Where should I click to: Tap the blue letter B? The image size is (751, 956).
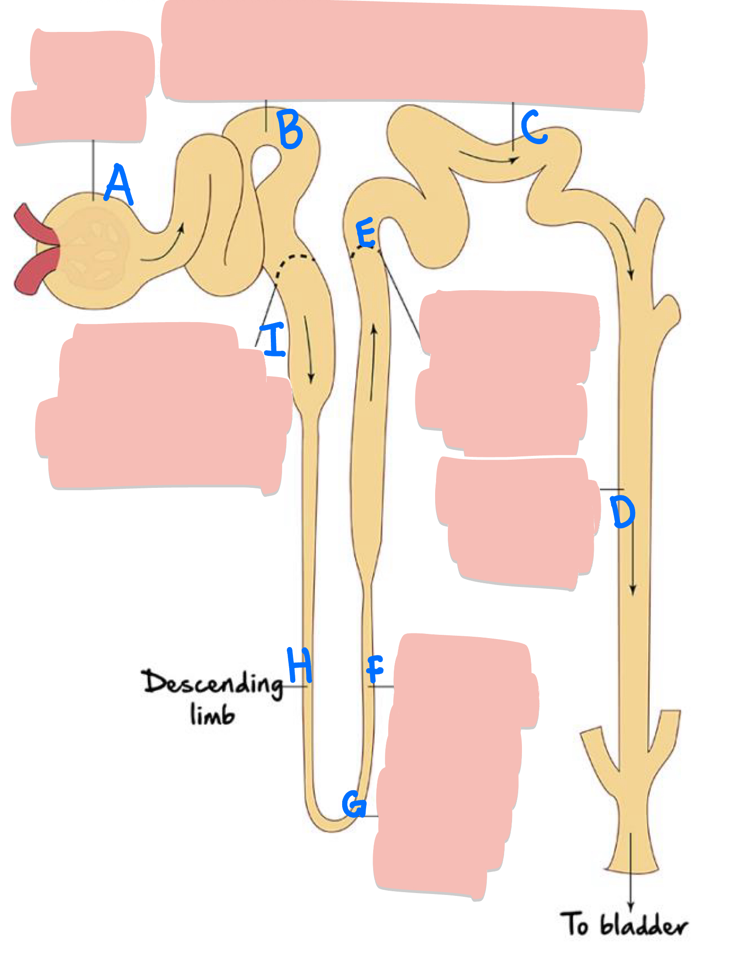point(290,129)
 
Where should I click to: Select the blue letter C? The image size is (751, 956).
point(534,127)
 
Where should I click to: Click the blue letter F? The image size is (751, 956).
point(375,669)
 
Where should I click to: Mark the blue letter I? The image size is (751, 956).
point(275,339)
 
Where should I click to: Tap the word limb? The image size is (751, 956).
point(212,715)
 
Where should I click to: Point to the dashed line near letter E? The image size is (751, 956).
point(365,250)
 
